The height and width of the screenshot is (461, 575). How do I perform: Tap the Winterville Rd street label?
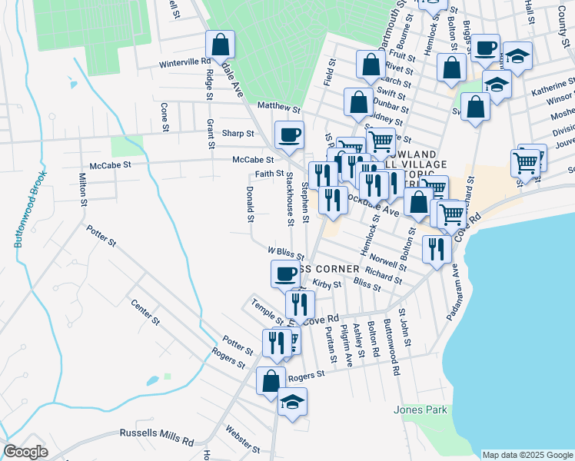pyautogui.click(x=184, y=63)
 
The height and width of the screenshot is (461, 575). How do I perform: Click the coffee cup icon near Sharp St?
pyautogui.click(x=289, y=134)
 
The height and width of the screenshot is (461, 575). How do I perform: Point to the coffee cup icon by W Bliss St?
pyautogui.click(x=285, y=273)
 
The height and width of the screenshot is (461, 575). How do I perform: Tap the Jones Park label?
pyautogui.click(x=421, y=410)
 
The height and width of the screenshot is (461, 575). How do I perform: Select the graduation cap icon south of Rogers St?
pyautogui.click(x=292, y=402)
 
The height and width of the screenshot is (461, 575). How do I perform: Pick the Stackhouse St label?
pyautogui.click(x=290, y=199)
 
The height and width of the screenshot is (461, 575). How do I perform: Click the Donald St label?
pyautogui.click(x=250, y=204)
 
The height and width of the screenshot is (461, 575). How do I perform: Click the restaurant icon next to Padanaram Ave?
pyautogui.click(x=436, y=248)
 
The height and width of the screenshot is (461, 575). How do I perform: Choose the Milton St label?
pyautogui.click(x=82, y=190)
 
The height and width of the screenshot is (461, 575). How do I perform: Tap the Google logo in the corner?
pyautogui.click(x=25, y=452)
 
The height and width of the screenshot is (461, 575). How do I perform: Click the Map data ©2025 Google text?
pyautogui.click(x=527, y=455)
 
